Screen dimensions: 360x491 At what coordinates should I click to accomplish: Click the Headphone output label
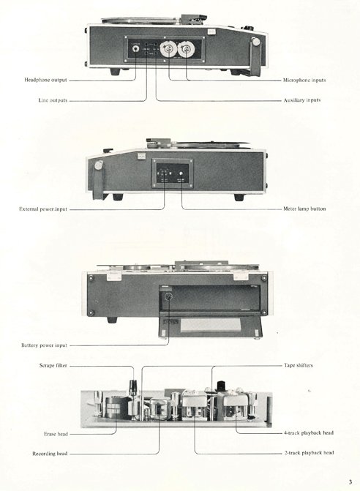pos(45,80)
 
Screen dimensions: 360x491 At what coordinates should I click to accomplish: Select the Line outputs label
pos(53,100)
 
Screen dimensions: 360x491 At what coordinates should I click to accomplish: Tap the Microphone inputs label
pos(304,80)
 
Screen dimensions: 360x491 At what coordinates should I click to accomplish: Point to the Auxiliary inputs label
pos(302,100)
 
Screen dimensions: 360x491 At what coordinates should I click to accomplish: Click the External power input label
pos(43,209)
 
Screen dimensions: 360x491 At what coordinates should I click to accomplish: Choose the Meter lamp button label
pos(304,209)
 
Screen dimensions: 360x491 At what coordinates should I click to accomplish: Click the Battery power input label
pos(44,345)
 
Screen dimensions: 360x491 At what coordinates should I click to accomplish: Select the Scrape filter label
pos(53,365)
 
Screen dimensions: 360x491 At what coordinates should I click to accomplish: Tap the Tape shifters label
pos(299,365)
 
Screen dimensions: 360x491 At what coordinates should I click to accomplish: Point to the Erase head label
pos(56,435)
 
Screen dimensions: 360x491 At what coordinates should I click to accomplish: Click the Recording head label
pos(50,454)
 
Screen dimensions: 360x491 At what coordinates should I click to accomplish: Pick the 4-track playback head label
pos(309,433)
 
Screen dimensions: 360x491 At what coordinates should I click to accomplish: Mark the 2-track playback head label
pos(309,453)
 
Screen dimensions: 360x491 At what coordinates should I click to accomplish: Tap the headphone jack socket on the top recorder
pos(136,49)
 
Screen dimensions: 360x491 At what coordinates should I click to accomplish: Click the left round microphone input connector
pos(168,49)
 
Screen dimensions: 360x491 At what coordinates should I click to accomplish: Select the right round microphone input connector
pos(186,49)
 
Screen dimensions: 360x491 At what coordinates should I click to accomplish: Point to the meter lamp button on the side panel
pos(181,174)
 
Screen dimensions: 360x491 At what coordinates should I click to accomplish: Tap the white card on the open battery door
pos(211,324)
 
